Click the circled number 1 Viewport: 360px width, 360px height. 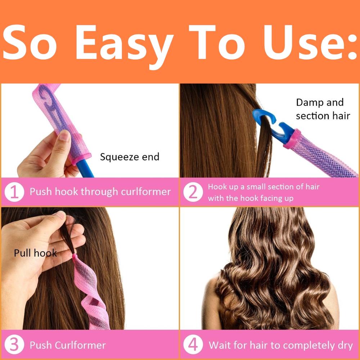(14, 192)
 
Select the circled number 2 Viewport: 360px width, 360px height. (193, 192)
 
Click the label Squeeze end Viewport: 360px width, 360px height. (130, 157)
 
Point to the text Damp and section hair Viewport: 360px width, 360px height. (322, 109)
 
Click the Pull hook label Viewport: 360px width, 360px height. (35, 253)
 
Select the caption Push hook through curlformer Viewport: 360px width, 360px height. (100, 192)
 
